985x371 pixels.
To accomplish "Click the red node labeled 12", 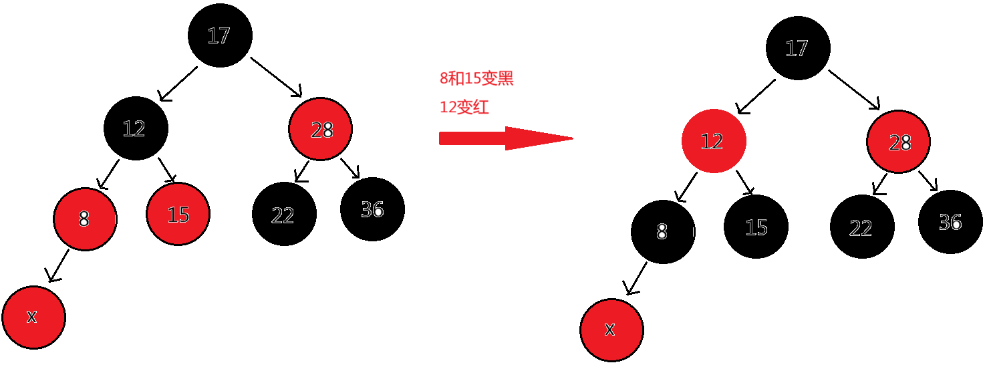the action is (714, 141).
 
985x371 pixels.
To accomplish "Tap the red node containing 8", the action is (85, 219).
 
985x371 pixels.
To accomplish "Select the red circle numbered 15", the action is (178, 214).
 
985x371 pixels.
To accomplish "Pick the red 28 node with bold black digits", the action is (320, 130).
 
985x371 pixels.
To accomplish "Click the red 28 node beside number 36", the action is (898, 142).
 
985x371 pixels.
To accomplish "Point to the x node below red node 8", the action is (33, 318).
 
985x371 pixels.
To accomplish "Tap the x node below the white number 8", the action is (611, 330).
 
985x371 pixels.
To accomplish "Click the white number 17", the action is (797, 49).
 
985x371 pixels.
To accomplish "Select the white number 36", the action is (950, 223).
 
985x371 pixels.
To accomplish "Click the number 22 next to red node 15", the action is (283, 216).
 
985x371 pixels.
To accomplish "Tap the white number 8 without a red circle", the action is (662, 232).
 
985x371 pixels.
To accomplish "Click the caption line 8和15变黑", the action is (476, 79).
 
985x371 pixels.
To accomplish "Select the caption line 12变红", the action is (464, 108).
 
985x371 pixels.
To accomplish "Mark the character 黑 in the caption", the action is (506, 79).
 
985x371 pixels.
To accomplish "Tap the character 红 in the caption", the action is (481, 108).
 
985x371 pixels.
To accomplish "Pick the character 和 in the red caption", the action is (456, 79).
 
